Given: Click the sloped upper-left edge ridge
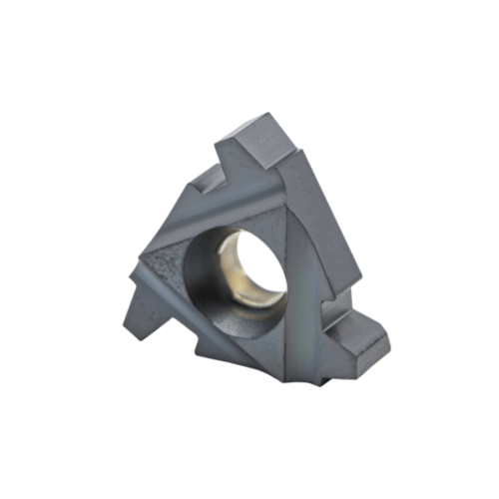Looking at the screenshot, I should [185, 215].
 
